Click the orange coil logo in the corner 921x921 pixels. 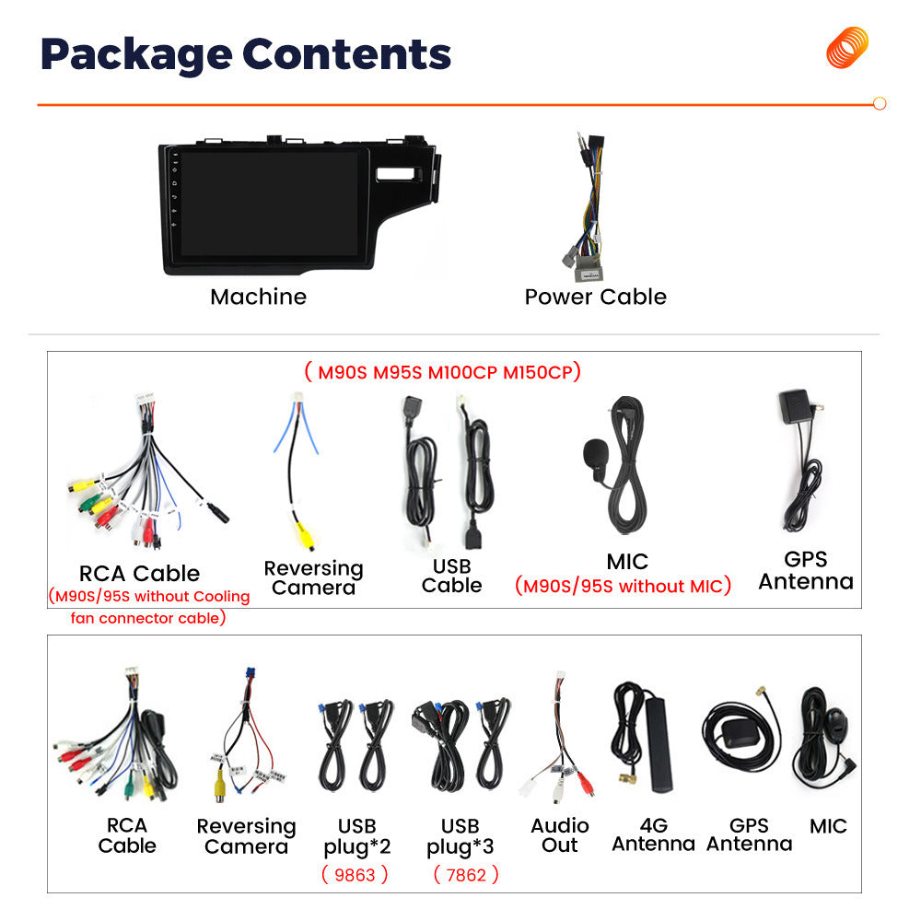tap(847, 48)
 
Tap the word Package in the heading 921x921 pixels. tap(137, 55)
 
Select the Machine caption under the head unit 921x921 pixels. tap(259, 297)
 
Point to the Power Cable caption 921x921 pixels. tap(596, 297)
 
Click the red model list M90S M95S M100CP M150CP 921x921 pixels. tap(443, 372)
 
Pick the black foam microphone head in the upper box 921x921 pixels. tap(595, 451)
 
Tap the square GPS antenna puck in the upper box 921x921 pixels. tap(794, 406)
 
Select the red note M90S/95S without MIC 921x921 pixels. tap(623, 586)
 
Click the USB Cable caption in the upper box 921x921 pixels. tap(451, 576)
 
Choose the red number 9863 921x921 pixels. tap(355, 875)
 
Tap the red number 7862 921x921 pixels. tap(466, 875)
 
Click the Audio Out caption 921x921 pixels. tap(560, 835)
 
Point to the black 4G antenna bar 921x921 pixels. tap(659, 744)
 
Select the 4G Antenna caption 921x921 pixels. tap(654, 834)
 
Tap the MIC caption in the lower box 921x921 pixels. tap(828, 826)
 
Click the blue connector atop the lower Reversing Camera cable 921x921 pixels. tap(251, 674)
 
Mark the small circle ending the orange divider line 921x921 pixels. tap(880, 103)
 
